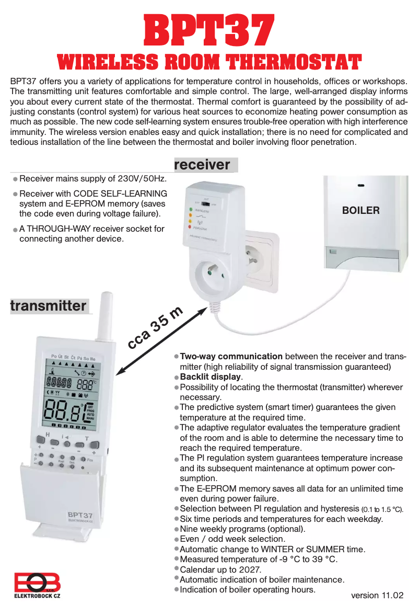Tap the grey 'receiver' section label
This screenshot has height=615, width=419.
pos(202,165)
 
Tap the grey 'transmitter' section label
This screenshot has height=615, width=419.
pos(49,306)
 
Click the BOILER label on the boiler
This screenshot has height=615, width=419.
pos(360,211)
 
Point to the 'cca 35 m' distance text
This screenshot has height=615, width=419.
pos(155,328)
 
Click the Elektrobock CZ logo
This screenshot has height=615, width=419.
pos(37,586)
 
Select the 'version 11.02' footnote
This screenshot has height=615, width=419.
pos(377,595)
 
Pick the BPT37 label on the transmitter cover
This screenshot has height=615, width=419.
pos(80,515)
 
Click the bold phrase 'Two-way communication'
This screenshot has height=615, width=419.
pos(231,357)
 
